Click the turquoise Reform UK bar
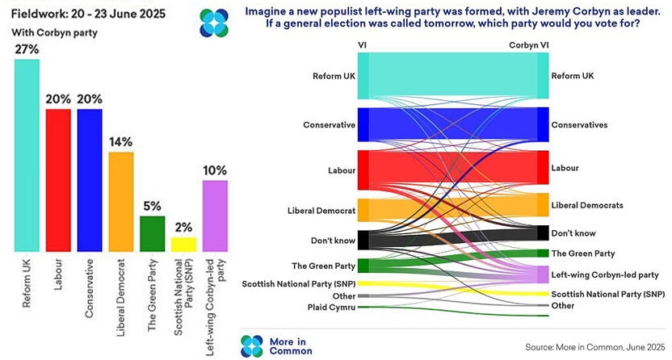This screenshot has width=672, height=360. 27,154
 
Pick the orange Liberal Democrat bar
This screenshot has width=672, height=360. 121,201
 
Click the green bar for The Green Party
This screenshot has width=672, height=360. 153,233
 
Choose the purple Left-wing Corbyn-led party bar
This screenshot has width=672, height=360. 215,215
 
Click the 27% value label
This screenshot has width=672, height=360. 27,49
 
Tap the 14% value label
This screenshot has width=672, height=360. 121,142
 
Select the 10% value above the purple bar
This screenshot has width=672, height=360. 215,170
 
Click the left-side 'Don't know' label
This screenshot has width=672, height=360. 333,240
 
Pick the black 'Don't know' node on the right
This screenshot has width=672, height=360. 543,233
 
